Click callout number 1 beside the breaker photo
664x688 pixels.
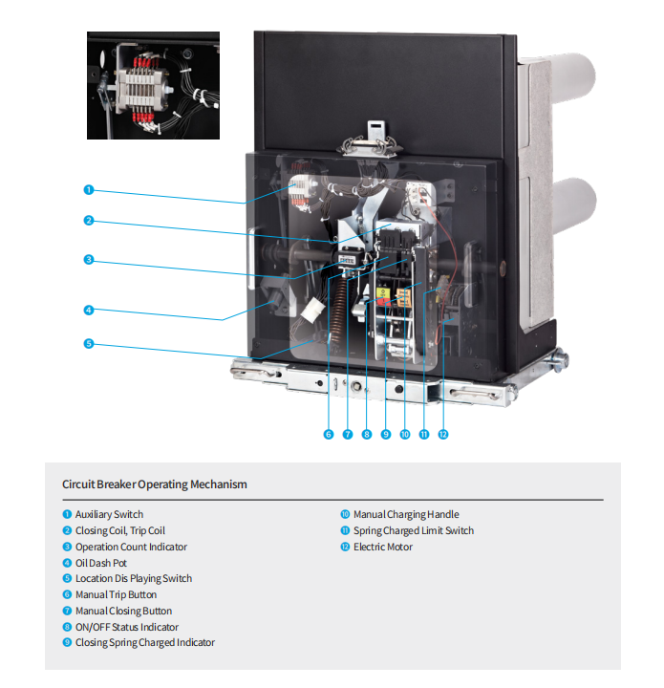click(88, 189)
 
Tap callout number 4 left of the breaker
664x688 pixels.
click(88, 310)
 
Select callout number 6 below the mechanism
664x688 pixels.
click(328, 435)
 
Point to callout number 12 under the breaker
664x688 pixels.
click(442, 435)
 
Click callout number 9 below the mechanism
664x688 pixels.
click(386, 435)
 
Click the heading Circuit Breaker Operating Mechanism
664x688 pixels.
click(155, 484)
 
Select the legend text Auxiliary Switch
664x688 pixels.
click(109, 515)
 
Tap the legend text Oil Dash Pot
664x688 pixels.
click(101, 563)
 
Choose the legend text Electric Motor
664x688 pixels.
click(383, 547)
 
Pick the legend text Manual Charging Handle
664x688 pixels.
click(406, 515)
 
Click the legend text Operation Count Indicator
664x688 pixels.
click(131, 547)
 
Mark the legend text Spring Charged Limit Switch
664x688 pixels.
click(414, 530)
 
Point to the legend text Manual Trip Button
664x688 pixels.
click(116, 594)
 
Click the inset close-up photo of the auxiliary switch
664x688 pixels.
click(153, 85)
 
